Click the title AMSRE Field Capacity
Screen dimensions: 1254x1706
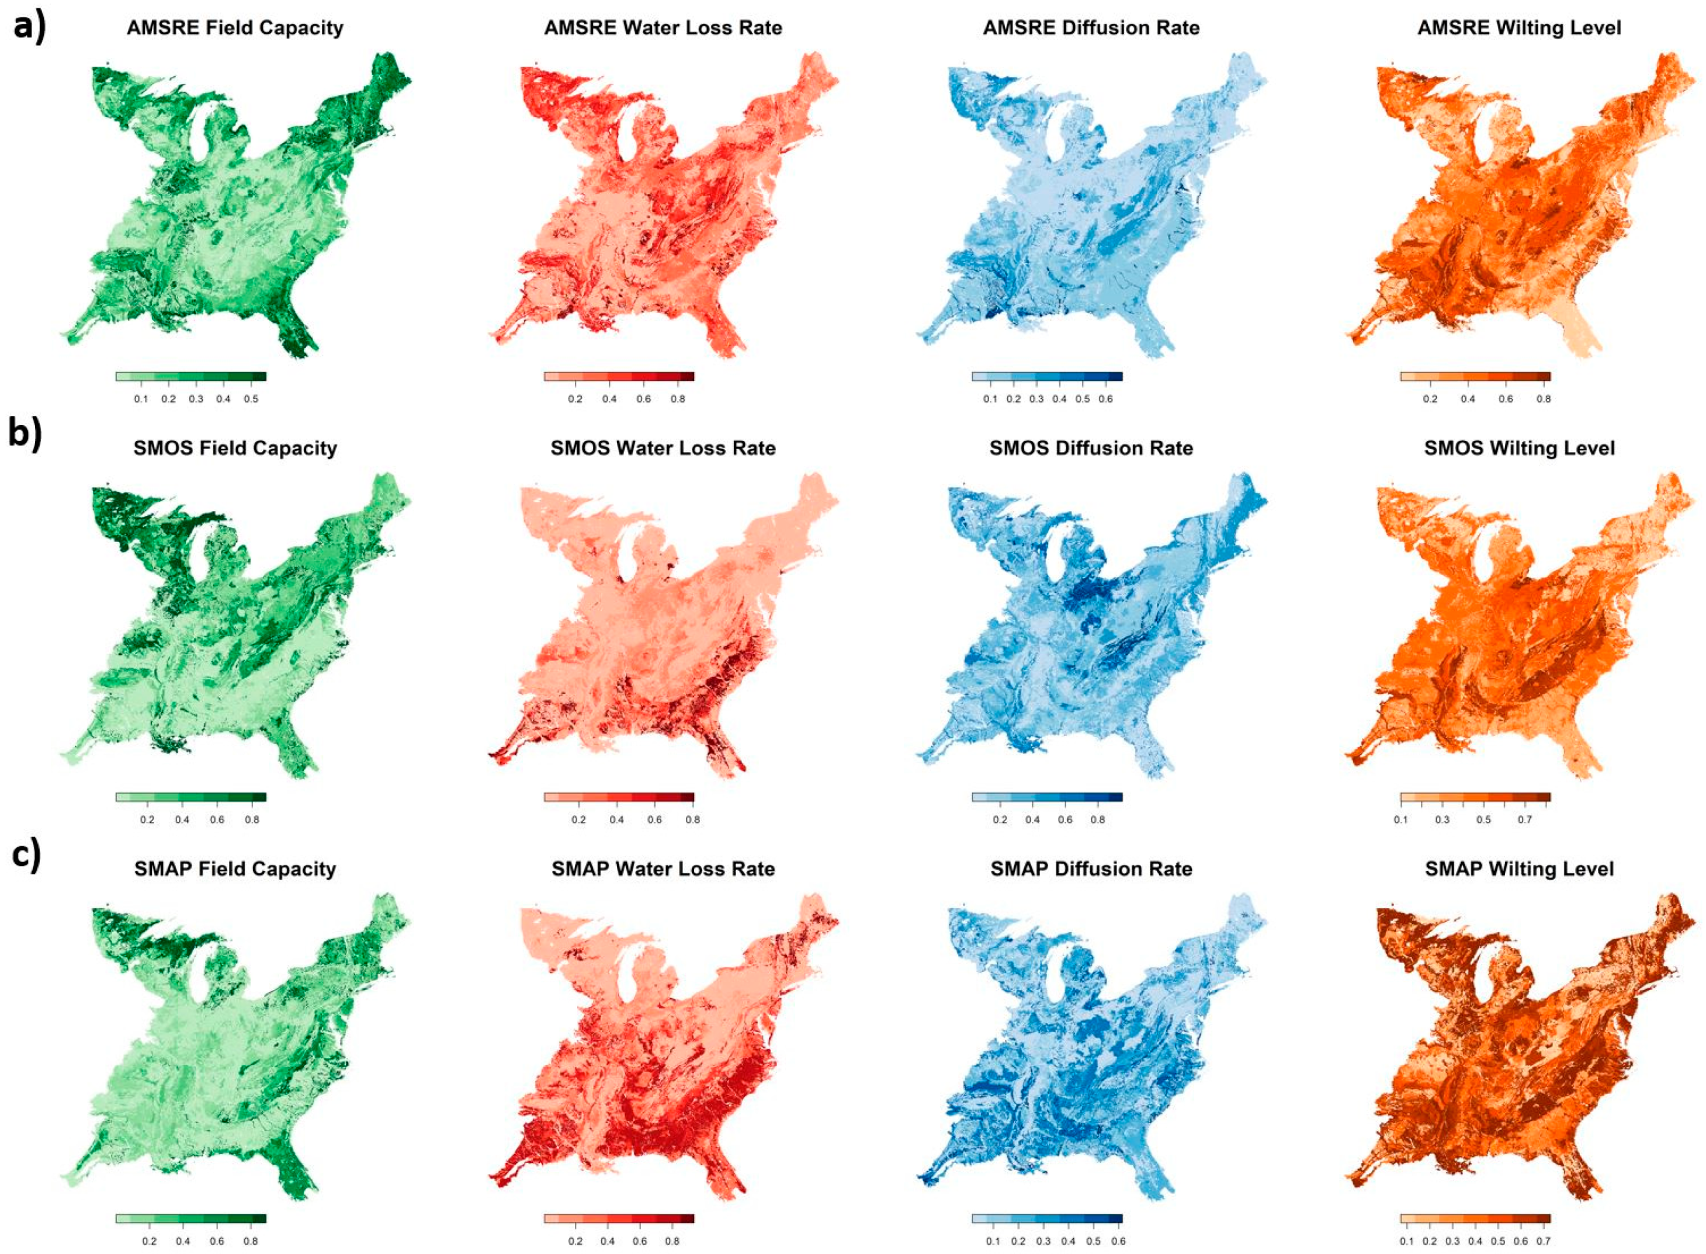point(235,28)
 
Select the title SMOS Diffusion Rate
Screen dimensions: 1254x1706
point(1090,448)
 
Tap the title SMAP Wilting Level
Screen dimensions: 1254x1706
point(1518,869)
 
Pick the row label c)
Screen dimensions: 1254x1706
point(26,854)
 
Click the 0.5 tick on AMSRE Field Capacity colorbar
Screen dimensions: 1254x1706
point(251,398)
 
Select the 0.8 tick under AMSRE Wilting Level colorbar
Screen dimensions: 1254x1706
point(1543,398)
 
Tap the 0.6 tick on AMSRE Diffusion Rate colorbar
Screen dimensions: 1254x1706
point(1105,398)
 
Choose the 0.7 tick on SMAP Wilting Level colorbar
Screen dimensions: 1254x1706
point(1543,1241)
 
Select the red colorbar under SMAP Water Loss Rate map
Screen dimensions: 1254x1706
point(619,1218)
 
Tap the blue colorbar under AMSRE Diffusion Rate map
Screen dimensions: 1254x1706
point(1046,376)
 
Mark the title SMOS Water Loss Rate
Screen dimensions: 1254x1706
point(663,448)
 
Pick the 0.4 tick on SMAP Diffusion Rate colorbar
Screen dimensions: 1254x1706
point(1067,1241)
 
